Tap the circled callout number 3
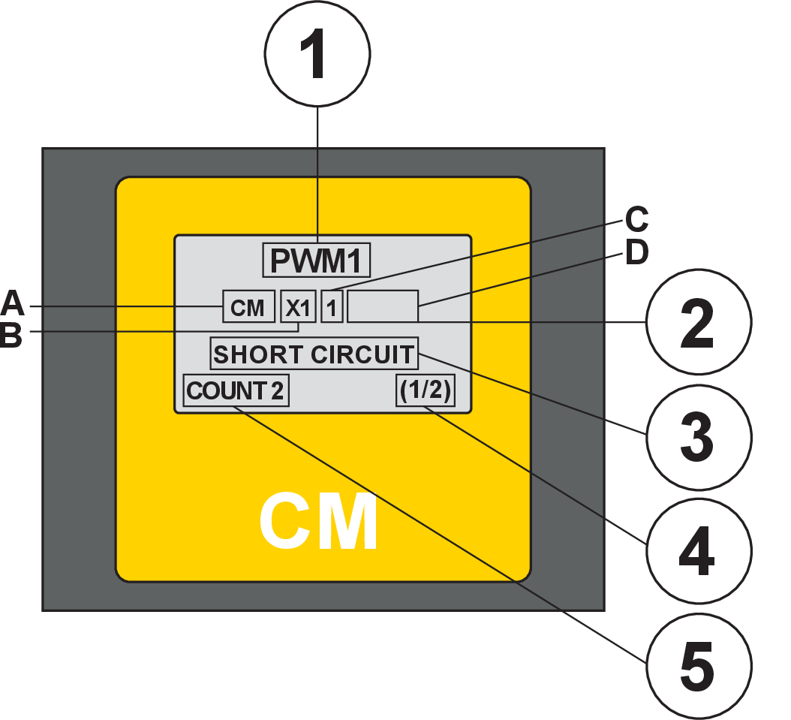pyautogui.click(x=697, y=435)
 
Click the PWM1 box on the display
pyautogui.click(x=317, y=261)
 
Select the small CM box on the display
pyautogui.click(x=248, y=307)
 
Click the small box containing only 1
pyautogui.click(x=332, y=307)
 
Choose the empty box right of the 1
pyautogui.click(x=383, y=306)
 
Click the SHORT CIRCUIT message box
pyautogui.click(x=314, y=354)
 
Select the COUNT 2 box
pyautogui.click(x=236, y=391)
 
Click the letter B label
pyautogui.click(x=11, y=335)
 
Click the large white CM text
pyautogui.click(x=319, y=523)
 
